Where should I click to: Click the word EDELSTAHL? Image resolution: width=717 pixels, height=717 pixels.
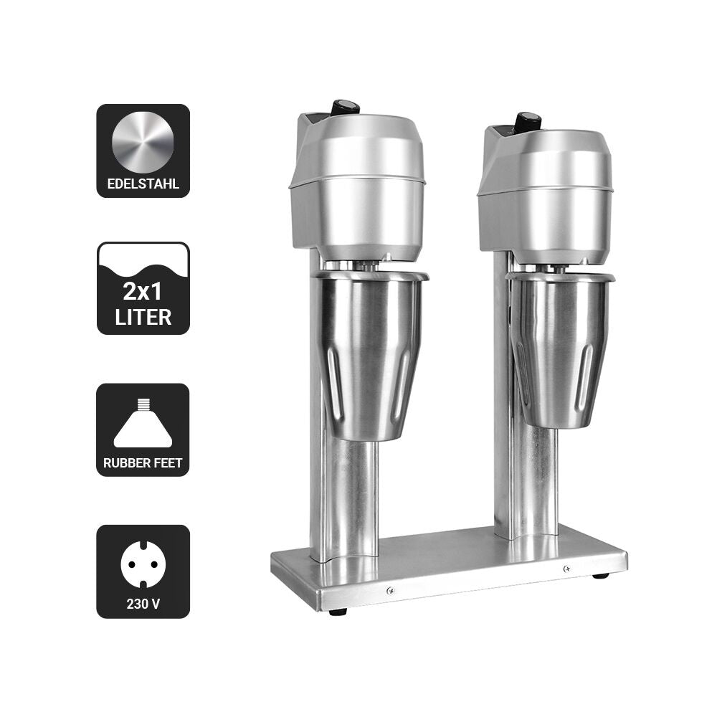coord(143,184)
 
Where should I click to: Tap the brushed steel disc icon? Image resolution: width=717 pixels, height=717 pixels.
coord(143,142)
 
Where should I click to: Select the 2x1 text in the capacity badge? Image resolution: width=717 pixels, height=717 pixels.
coord(143,291)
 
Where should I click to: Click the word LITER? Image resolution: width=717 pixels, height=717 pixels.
coord(143,317)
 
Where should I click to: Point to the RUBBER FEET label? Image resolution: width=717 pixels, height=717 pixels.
coord(143,462)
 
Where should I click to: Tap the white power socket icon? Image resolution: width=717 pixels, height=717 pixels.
coord(143,564)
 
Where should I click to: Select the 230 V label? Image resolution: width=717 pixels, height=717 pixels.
coord(143,604)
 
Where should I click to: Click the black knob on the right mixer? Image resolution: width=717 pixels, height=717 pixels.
coord(528,120)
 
